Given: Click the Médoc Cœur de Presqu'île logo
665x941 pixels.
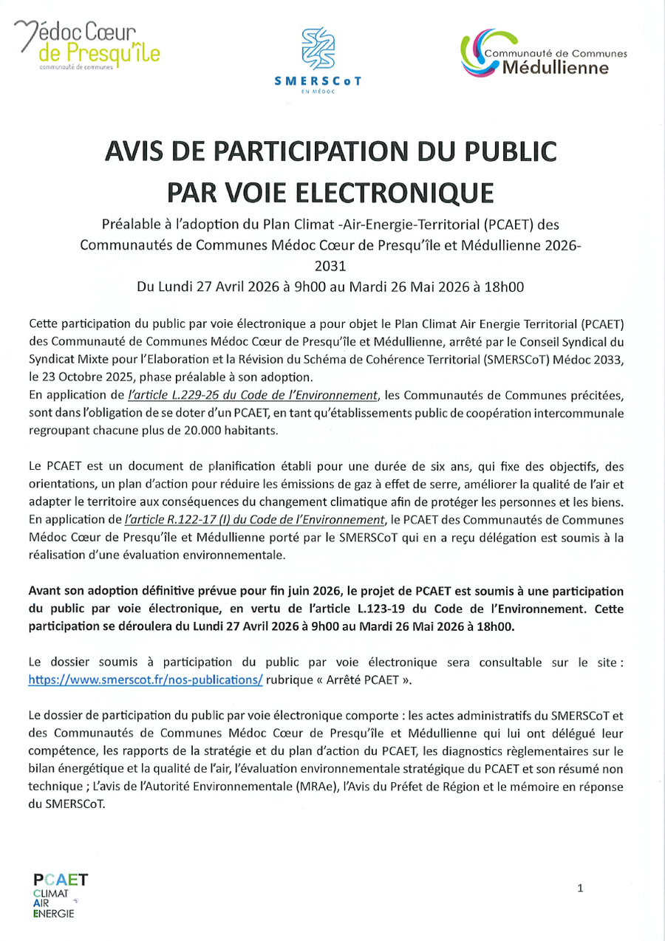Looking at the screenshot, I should pos(87,44).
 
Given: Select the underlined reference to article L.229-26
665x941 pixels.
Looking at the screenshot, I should pos(253,397).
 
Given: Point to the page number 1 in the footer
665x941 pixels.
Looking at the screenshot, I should pos(580,889).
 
